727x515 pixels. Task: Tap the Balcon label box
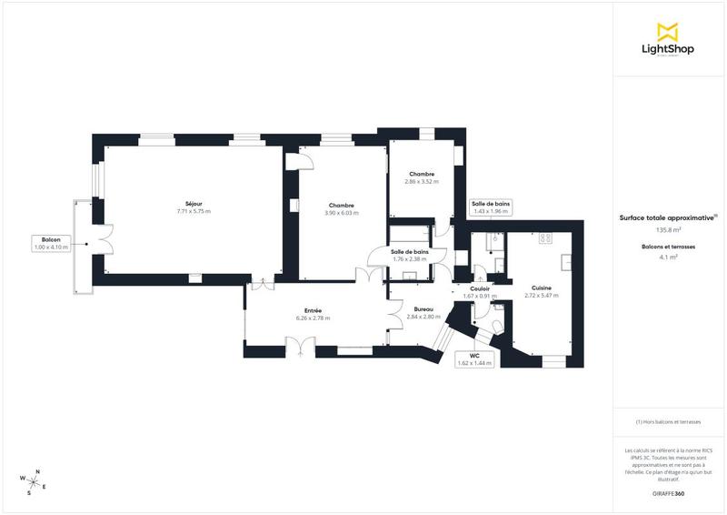(51, 243)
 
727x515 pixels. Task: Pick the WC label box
(473, 358)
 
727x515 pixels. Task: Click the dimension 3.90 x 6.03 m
(342, 213)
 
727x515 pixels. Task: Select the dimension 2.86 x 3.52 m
(422, 182)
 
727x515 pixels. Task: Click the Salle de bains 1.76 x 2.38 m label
(410, 255)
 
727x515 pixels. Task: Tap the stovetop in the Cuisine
(546, 238)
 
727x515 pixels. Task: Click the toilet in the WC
(499, 325)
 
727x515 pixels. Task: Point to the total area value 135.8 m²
(668, 229)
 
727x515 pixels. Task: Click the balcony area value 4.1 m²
(668, 257)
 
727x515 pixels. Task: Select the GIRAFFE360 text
(668, 492)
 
